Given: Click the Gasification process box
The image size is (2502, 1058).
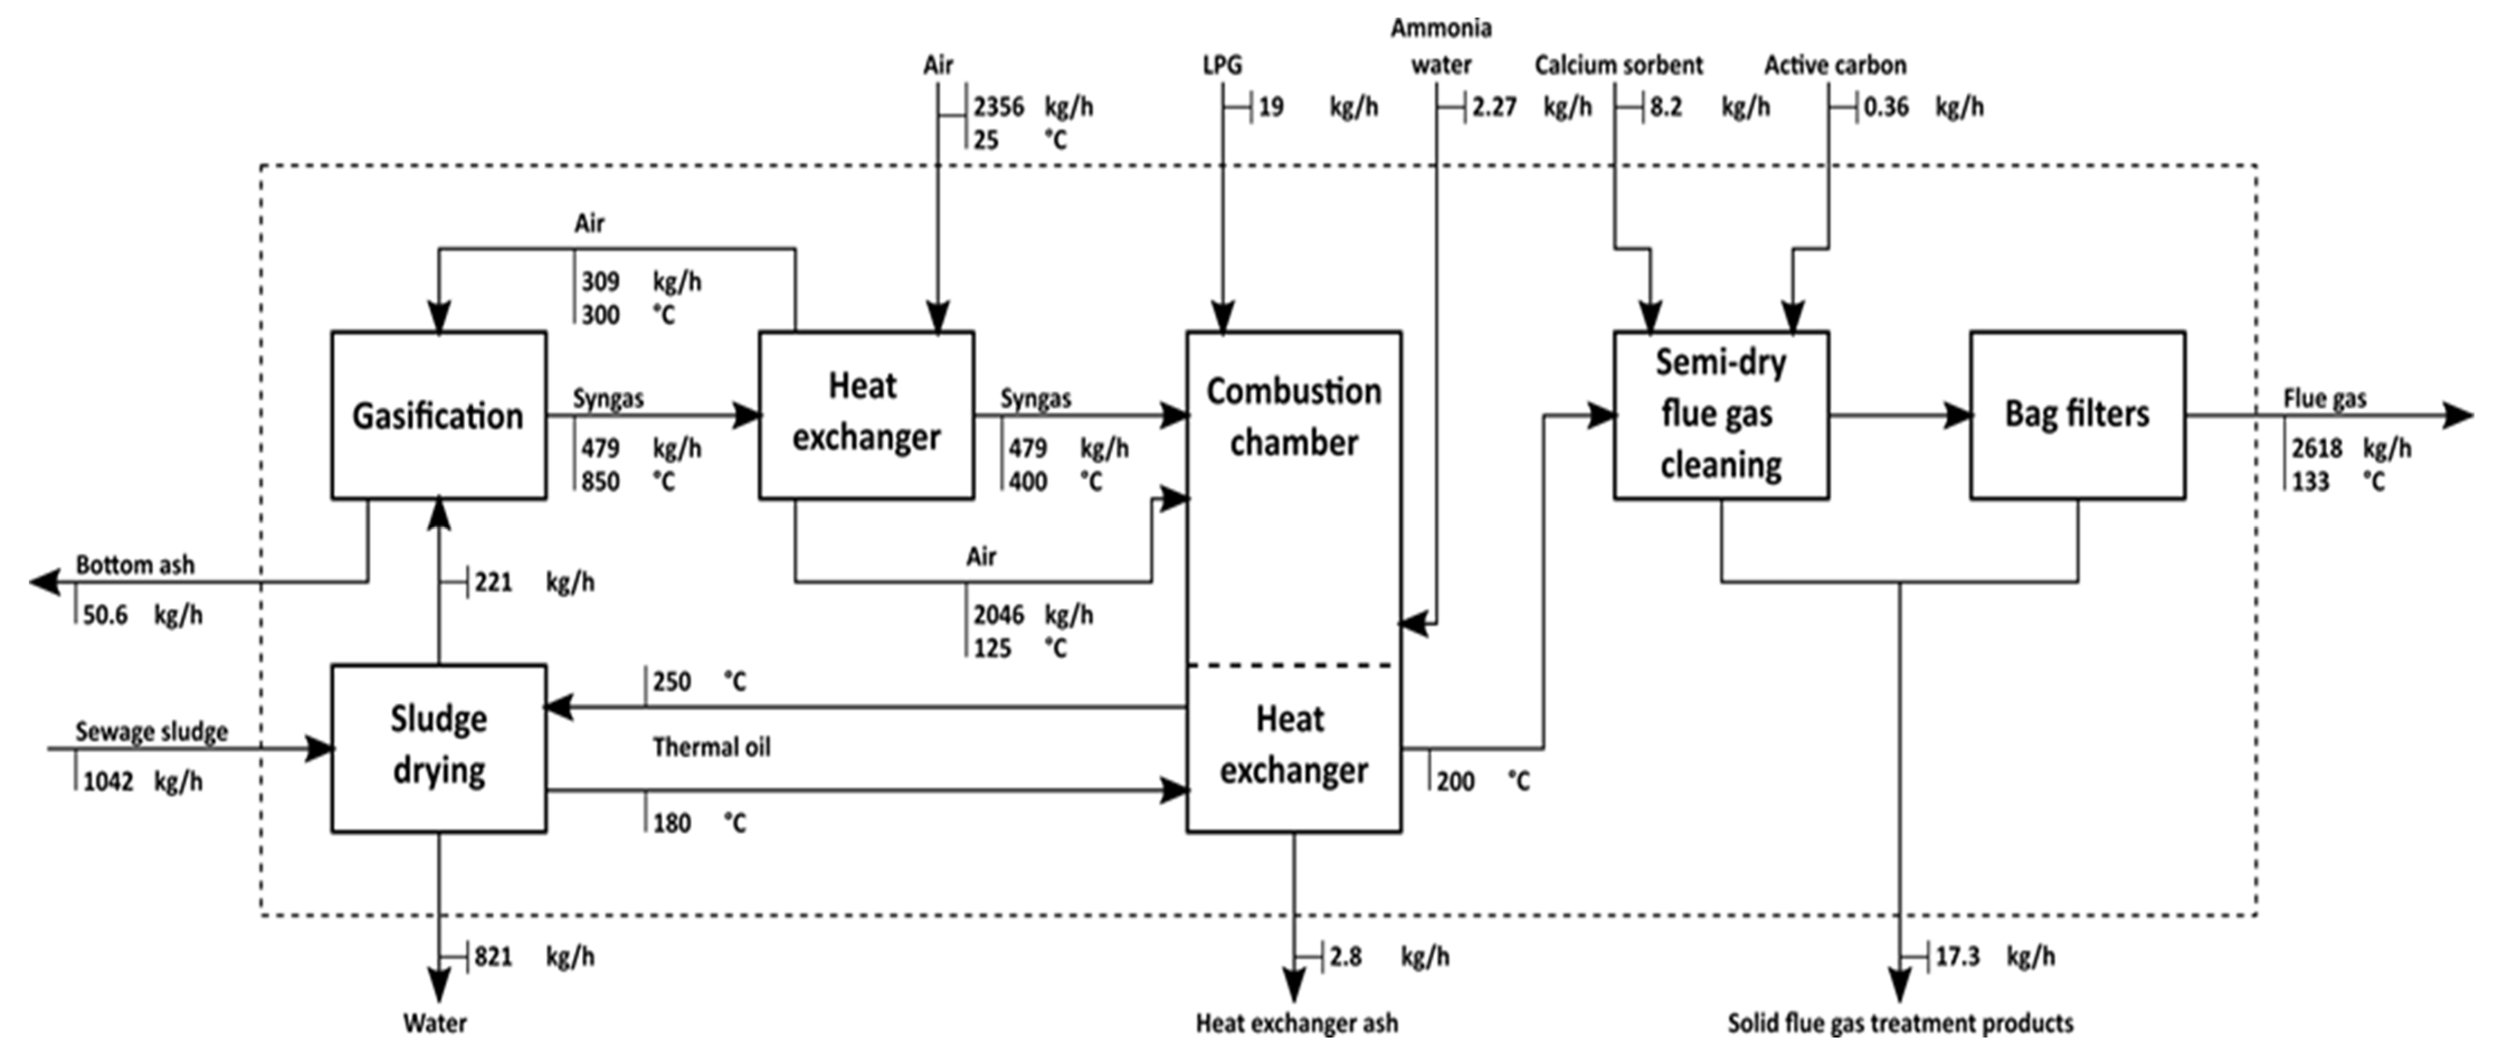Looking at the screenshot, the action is point(438,416).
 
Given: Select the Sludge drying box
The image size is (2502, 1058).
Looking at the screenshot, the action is point(438,748).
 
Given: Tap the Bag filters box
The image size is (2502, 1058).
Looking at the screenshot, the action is point(2077,416).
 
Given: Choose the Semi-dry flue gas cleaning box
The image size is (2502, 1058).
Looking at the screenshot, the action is point(1721,416).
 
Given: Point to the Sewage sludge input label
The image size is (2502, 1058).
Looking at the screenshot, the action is point(151,732).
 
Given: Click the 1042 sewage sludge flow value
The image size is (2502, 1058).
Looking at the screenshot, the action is point(108,782).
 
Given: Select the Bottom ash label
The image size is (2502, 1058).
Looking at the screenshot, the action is point(135,564).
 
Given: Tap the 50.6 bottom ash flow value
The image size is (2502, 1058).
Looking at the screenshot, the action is point(105,615).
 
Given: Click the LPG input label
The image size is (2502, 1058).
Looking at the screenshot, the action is point(1222,65).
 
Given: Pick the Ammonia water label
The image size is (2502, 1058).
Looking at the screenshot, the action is point(1442,46).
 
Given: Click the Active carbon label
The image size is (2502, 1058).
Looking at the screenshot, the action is point(1835,65).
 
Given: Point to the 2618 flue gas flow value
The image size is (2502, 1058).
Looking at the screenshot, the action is point(2318,448).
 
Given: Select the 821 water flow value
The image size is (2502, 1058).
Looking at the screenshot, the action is point(493,957).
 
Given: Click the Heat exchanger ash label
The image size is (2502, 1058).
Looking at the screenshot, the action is point(1297,1023).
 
